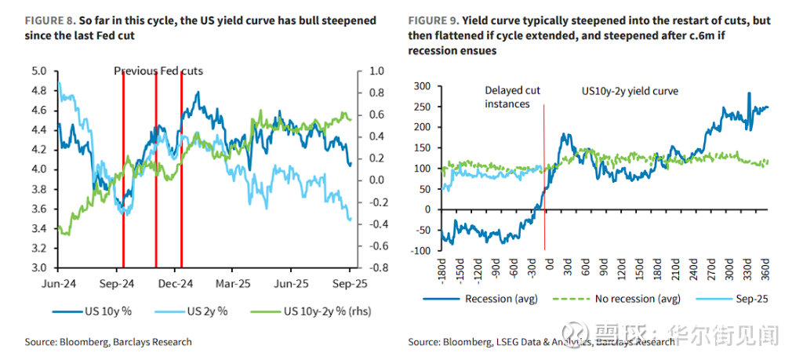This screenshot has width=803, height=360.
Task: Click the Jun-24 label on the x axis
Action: [x=60, y=282]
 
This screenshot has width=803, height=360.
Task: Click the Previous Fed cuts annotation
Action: [x=158, y=71]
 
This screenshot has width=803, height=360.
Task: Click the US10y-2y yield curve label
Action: [x=629, y=91]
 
